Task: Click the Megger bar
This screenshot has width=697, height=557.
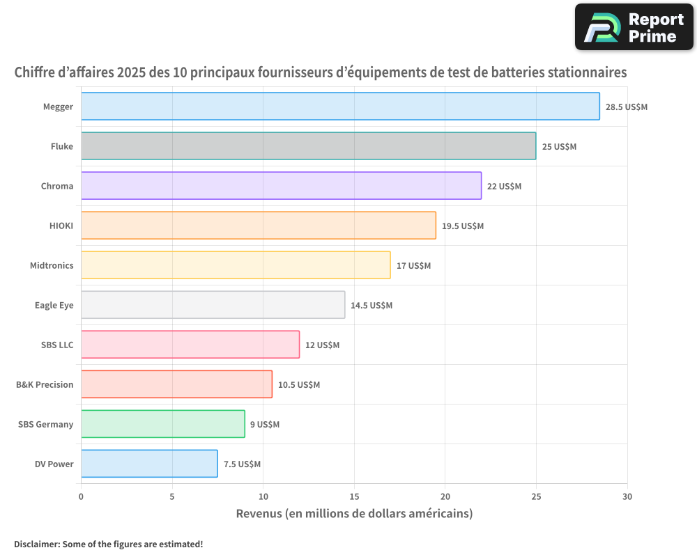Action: (x=340, y=107)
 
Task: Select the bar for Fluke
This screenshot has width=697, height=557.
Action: (x=309, y=146)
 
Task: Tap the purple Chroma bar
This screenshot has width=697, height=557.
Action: (x=281, y=186)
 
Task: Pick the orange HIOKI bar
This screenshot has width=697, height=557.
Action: (x=259, y=226)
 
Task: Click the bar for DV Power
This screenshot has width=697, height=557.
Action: (x=149, y=464)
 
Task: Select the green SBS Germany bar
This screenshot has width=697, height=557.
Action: (x=163, y=424)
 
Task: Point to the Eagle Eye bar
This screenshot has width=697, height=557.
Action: (x=213, y=305)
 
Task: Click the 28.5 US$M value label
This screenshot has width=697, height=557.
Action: (x=627, y=107)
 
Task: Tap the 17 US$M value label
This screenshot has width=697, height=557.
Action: (x=413, y=266)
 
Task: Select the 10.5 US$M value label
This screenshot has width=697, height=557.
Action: (x=299, y=385)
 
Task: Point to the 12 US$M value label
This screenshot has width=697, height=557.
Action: (x=322, y=345)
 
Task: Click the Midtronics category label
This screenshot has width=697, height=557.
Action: (x=52, y=265)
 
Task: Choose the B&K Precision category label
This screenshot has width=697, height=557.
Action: (x=45, y=384)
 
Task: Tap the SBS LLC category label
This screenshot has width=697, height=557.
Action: (x=57, y=345)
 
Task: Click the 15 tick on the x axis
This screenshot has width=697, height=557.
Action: (x=354, y=496)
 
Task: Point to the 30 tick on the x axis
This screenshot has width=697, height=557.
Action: (x=627, y=496)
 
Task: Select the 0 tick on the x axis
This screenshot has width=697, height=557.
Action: (x=81, y=496)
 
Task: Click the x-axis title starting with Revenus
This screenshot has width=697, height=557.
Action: (x=354, y=514)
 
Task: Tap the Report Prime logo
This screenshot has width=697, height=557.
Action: (x=634, y=27)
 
